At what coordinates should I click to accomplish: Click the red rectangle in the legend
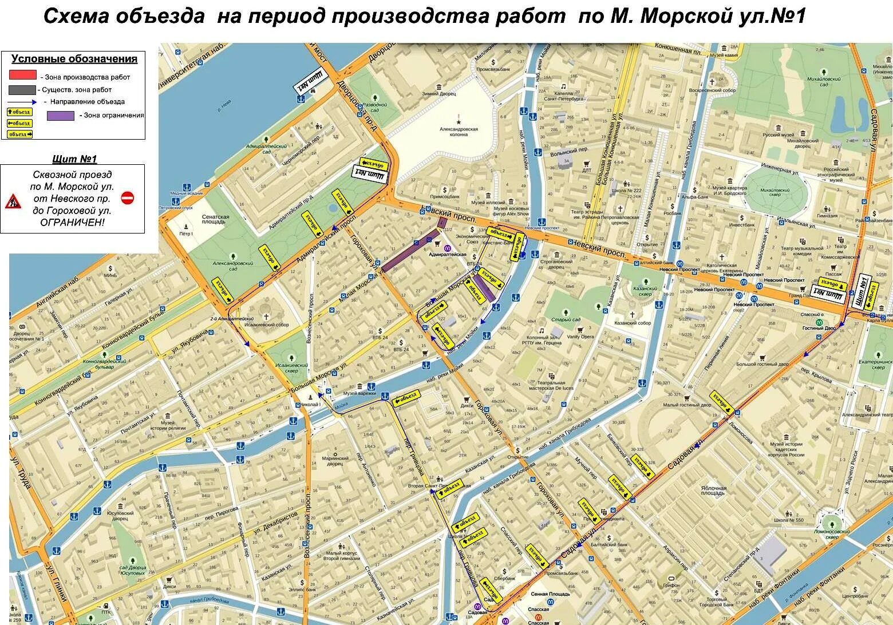(22, 74)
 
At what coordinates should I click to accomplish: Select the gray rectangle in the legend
(22, 90)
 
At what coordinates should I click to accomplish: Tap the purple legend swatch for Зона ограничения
(60, 116)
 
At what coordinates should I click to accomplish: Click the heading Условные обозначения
(74, 59)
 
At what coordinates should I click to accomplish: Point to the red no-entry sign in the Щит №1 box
(128, 198)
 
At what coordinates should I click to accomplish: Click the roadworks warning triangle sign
(13, 201)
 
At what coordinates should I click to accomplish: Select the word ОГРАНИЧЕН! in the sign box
(72, 223)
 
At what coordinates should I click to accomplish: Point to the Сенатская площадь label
(215, 220)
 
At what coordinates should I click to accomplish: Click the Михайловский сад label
(823, 81)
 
